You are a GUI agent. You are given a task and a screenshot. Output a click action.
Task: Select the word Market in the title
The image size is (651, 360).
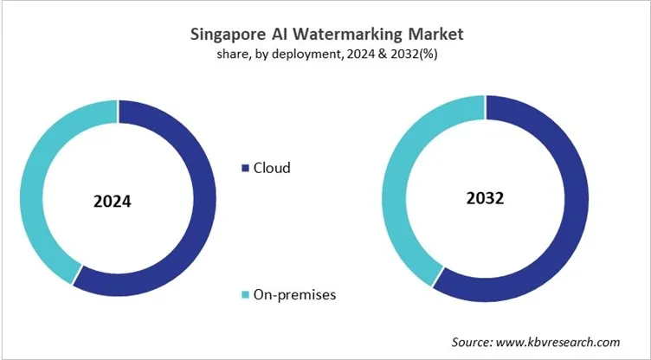coord(433,35)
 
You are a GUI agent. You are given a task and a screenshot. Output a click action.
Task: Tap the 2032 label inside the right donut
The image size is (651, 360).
coord(485,197)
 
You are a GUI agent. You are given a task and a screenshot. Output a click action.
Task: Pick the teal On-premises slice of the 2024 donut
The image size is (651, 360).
coord(35,190)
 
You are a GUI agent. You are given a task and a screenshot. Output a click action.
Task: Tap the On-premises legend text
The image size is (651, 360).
coord(294,295)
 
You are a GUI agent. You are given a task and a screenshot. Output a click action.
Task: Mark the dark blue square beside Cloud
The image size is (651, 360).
coord(245,168)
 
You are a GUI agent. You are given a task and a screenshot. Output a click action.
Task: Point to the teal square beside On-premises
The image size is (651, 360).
coord(245,296)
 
